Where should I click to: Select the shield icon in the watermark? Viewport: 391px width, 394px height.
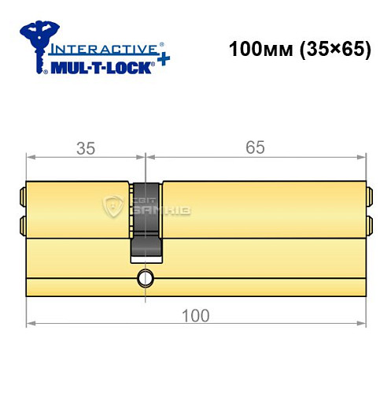pos(112,208)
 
